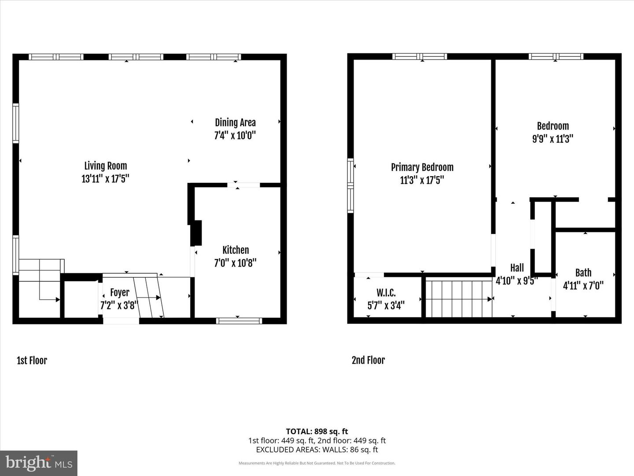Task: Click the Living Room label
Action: click(x=106, y=166)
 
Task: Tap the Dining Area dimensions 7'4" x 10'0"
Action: click(x=235, y=135)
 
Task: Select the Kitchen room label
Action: click(x=236, y=250)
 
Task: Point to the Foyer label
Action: click(x=120, y=293)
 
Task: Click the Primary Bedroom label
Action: click(x=422, y=167)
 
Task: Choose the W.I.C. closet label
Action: click(x=386, y=293)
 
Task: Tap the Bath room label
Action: click(x=583, y=273)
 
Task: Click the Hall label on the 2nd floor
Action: click(x=517, y=268)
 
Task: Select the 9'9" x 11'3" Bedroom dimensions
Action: click(x=553, y=139)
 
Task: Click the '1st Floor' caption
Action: click(x=32, y=361)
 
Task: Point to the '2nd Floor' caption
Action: click(x=368, y=360)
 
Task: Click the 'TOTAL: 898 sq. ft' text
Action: click(x=317, y=431)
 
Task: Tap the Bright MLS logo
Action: click(x=39, y=463)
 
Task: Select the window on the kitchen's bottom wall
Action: click(x=239, y=321)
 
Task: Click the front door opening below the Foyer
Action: click(x=121, y=321)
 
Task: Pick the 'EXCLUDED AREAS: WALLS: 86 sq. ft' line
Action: click(x=317, y=450)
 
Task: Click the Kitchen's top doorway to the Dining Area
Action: click(x=244, y=185)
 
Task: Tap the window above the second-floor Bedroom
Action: click(x=556, y=56)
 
